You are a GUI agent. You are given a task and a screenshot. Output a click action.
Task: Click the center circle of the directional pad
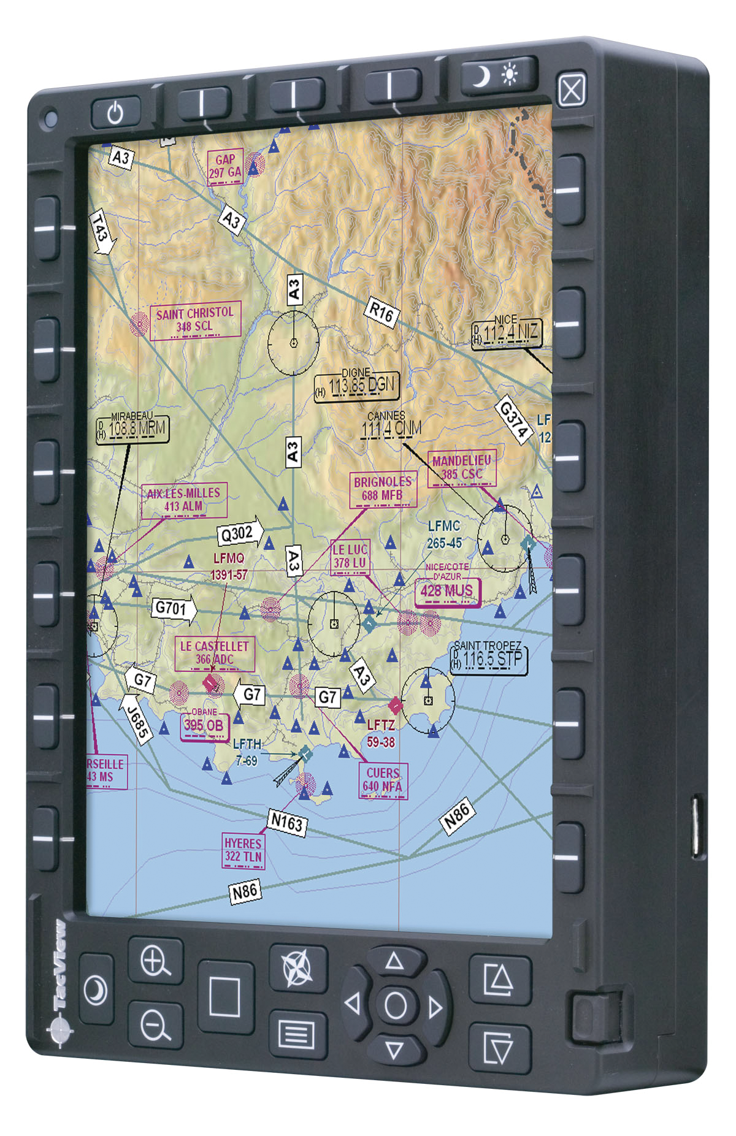pyautogui.click(x=395, y=1006)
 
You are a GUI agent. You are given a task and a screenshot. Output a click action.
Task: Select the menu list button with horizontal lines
pyautogui.click(x=297, y=1035)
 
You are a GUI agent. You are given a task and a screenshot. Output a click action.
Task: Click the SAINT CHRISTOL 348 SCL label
pyautogui.click(x=195, y=319)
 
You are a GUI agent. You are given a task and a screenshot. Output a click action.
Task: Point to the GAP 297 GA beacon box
pyautogui.click(x=225, y=166)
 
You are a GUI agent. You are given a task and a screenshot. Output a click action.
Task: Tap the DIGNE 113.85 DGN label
pyautogui.click(x=357, y=386)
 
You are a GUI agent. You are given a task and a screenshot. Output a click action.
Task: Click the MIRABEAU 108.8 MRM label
pyautogui.click(x=132, y=428)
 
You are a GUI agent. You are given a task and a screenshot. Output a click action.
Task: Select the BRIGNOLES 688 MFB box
pyautogui.click(x=383, y=489)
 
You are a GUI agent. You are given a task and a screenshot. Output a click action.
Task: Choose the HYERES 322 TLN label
pyautogui.click(x=243, y=850)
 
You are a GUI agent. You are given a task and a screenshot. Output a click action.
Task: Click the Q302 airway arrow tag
pyautogui.click(x=240, y=533)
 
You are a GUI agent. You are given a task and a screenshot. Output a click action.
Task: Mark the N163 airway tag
pyautogui.click(x=287, y=822)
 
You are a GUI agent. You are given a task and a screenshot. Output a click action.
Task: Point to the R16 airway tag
pyautogui.click(x=381, y=313)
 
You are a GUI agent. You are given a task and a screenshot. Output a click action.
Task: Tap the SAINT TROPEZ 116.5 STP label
pyautogui.click(x=489, y=658)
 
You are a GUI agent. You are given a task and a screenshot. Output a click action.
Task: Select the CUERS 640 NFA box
pyautogui.click(x=383, y=780)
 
